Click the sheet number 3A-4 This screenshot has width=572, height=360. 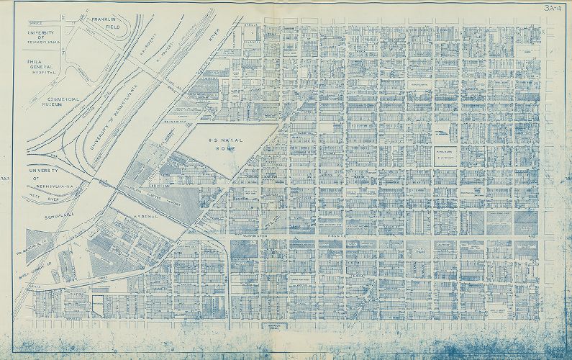tap(554, 9)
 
